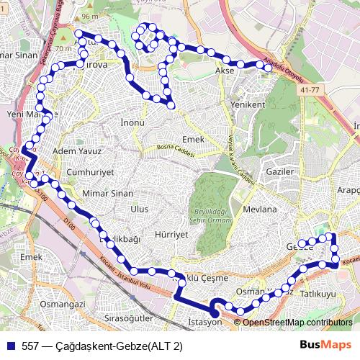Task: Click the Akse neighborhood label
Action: pos(225,72)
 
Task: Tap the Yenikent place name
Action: pos(247,104)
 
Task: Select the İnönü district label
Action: pos(133,123)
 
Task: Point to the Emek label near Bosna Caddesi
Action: pos(194,138)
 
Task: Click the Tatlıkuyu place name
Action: pos(318,294)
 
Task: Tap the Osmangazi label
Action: pos(63,305)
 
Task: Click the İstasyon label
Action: pos(204,322)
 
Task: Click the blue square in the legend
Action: pos(12,345)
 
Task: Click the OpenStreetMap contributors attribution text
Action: pos(297,323)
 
